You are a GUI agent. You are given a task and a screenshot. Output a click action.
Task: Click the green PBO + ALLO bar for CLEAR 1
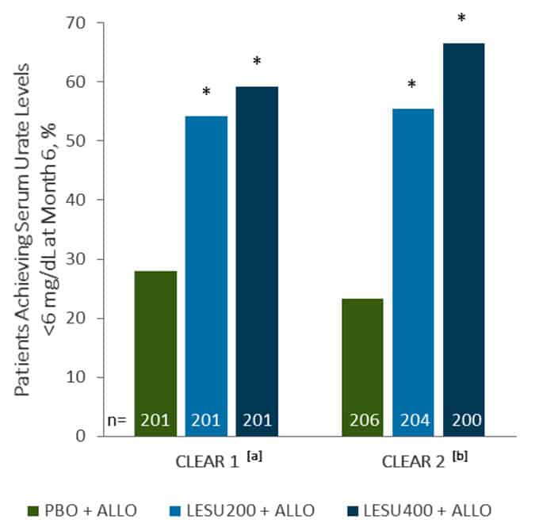(x=155, y=353)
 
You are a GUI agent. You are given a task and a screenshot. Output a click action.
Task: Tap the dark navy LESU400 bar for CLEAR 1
(x=257, y=261)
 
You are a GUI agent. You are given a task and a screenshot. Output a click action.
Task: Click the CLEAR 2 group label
(x=411, y=461)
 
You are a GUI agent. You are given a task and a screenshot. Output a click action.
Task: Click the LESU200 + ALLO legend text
(x=241, y=510)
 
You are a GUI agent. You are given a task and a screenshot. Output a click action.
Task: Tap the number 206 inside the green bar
(x=361, y=421)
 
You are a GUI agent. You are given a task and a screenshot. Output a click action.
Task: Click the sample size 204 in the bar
(x=412, y=421)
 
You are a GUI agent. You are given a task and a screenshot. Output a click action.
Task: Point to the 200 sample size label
(x=464, y=421)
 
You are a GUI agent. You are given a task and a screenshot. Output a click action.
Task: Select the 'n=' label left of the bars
(x=119, y=421)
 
